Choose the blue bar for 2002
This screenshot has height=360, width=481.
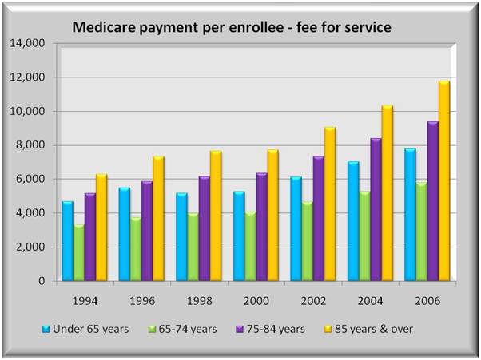295,228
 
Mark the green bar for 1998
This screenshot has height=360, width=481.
193,247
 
